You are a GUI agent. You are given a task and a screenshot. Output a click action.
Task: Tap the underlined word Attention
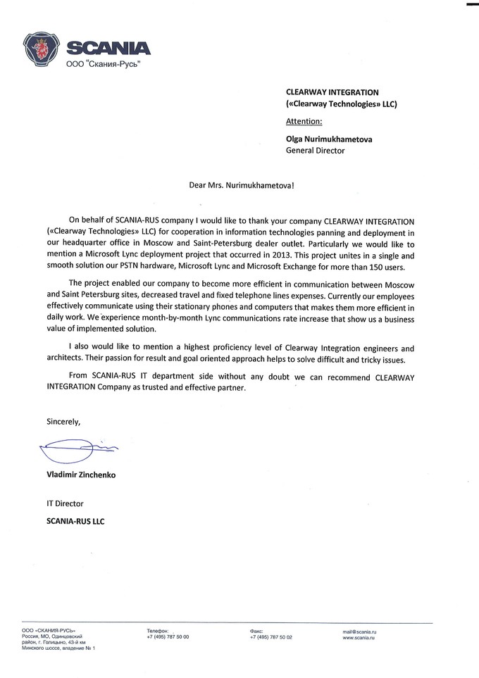[304, 121]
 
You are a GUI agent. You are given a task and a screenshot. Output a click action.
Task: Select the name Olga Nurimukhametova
[329, 139]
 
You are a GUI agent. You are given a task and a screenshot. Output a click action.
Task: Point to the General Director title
[315, 151]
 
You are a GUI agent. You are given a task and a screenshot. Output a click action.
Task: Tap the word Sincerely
[63, 422]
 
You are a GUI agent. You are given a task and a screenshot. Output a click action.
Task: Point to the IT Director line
[65, 503]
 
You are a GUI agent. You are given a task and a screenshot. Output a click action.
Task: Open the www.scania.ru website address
[360, 636]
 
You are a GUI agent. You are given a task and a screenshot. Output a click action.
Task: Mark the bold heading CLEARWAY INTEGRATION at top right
[332, 92]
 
